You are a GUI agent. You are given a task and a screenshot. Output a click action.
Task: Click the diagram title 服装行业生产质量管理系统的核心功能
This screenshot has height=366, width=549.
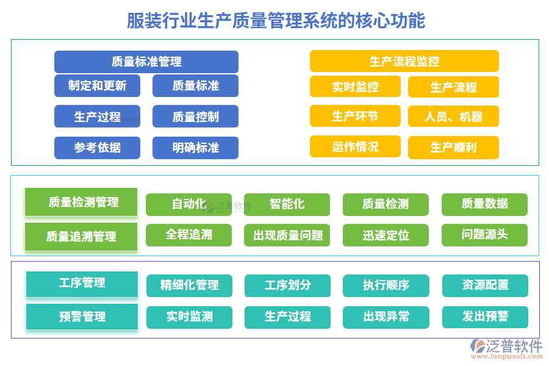point(276,20)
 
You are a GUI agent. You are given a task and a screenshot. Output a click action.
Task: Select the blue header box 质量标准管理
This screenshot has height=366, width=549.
point(146,62)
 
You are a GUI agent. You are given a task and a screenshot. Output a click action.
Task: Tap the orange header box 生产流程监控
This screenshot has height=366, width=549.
point(404,61)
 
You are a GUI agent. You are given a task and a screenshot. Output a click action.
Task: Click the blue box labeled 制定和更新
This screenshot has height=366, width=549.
point(97,86)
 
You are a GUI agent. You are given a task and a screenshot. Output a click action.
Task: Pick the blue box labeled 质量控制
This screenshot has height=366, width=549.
point(195,117)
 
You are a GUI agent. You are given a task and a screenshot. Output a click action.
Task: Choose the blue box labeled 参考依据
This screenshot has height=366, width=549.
point(97,148)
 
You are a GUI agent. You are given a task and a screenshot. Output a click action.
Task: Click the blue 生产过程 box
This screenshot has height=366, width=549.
point(97,117)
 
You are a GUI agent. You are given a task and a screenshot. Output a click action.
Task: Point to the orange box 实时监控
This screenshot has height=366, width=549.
point(355,87)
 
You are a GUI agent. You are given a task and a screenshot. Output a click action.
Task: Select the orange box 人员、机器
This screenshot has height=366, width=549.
point(453,117)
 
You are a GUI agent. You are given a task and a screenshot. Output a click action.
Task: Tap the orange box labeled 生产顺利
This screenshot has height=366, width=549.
point(453,148)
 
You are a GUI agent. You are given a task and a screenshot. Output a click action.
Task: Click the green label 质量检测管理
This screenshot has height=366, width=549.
point(81,202)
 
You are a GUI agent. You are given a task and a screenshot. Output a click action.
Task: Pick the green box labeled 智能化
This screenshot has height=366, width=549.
point(287,204)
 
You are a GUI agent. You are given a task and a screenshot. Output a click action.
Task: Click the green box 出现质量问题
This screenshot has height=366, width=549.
point(287,235)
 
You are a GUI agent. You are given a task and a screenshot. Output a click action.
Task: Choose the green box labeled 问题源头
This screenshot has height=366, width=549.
point(484,235)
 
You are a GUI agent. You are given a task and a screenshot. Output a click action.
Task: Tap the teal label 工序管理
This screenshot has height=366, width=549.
point(82,284)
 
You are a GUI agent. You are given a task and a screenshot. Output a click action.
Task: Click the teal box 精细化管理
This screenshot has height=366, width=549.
point(189,285)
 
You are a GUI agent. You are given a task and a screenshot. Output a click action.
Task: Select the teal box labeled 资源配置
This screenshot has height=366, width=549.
point(485,285)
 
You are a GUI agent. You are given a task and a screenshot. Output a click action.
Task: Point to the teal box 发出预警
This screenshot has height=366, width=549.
point(485,317)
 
